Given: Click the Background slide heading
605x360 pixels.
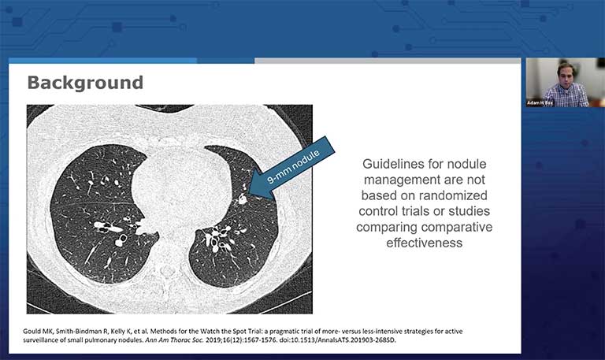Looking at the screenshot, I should click(85, 83).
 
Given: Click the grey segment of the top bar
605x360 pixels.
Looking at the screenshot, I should click(387, 60).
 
